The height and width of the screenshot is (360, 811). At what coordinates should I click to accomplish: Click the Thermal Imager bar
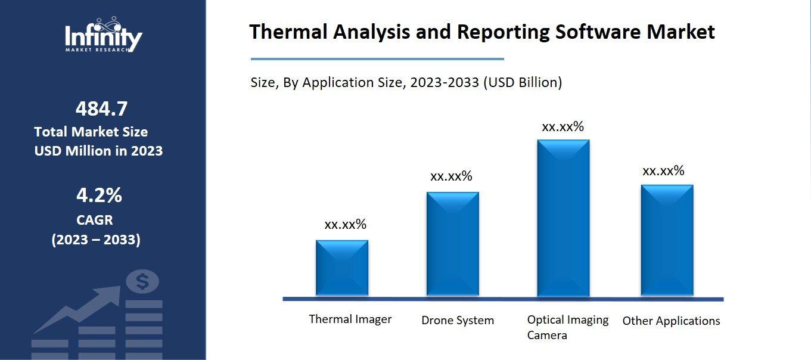click(342, 268)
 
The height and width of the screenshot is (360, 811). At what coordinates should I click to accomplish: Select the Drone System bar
click(452, 244)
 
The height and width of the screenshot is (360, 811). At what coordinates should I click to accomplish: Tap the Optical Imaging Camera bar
click(563, 218)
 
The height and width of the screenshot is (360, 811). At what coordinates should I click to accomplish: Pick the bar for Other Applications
click(667, 240)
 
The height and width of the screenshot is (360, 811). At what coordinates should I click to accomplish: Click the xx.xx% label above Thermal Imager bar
click(345, 225)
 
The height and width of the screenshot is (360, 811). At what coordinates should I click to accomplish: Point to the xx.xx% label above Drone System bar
click(451, 176)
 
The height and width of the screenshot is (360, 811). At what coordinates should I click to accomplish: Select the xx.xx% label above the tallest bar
click(563, 127)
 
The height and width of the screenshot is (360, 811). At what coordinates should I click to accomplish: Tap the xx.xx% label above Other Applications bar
click(663, 172)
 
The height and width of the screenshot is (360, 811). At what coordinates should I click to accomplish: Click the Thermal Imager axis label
click(350, 319)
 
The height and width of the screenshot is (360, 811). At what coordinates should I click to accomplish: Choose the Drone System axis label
click(458, 321)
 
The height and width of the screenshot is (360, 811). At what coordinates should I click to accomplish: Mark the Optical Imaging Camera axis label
click(567, 327)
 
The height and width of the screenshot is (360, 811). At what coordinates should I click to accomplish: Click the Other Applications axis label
click(671, 321)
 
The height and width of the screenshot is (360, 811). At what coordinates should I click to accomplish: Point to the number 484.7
click(101, 109)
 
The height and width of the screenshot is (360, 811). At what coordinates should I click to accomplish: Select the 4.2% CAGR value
click(99, 195)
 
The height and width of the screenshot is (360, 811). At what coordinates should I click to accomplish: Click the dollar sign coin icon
click(142, 281)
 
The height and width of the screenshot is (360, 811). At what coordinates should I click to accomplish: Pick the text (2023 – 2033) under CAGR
click(96, 240)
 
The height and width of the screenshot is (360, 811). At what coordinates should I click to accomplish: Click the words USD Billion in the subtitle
click(522, 83)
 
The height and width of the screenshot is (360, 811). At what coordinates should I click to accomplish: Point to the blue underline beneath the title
click(377, 59)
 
